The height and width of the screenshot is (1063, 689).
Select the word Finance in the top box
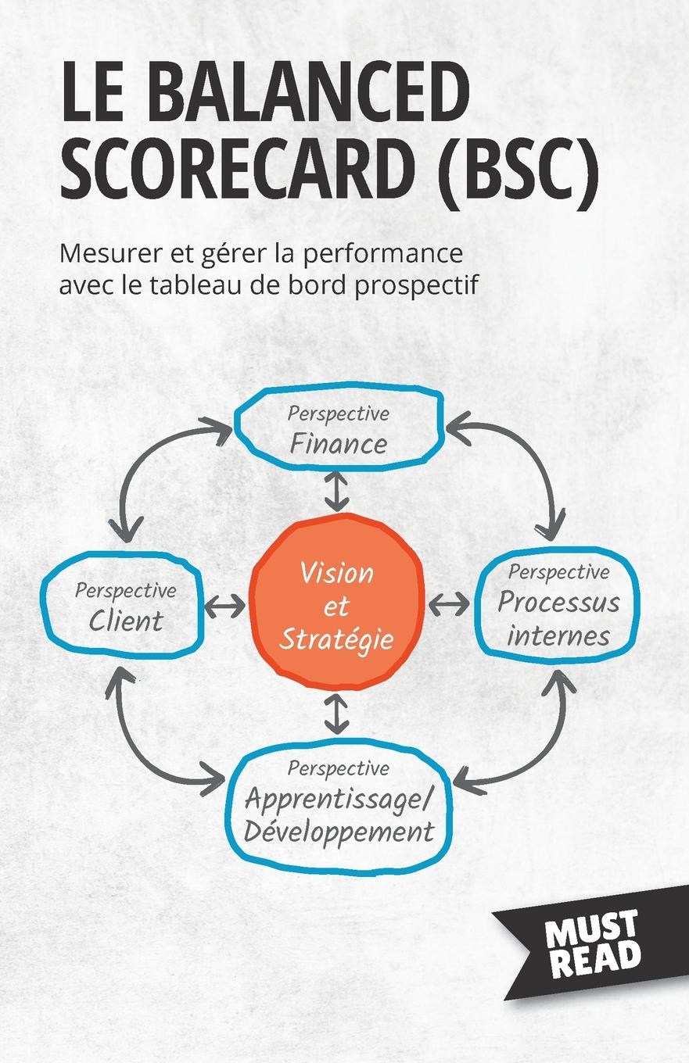(x=338, y=443)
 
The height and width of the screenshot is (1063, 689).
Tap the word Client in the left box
(x=126, y=621)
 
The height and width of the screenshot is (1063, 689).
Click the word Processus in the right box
(x=558, y=603)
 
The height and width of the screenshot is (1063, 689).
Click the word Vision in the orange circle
(x=337, y=573)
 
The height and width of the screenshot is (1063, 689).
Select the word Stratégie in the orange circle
(x=336, y=639)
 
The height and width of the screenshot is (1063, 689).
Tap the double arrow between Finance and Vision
(x=336, y=492)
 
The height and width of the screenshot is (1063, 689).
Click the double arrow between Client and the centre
(x=224, y=604)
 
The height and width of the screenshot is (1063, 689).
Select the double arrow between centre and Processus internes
(x=450, y=603)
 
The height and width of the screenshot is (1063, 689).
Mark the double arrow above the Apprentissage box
(x=336, y=714)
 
